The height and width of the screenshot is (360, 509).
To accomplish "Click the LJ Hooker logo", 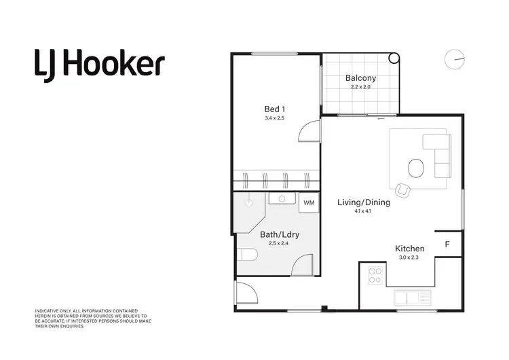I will (99, 65).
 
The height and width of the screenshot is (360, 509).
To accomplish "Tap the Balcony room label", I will (360, 78).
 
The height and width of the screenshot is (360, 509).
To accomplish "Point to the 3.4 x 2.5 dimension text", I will (275, 118).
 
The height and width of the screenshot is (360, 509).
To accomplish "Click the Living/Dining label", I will (364, 202).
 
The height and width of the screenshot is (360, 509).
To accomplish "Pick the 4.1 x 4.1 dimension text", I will (364, 211).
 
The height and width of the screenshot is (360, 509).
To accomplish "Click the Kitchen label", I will (410, 249).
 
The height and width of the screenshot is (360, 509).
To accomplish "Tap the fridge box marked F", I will (447, 244).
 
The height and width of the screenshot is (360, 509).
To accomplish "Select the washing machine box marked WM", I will (309, 202).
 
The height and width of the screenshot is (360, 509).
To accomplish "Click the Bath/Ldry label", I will (280, 234).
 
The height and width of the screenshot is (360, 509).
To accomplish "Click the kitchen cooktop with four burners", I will (375, 275).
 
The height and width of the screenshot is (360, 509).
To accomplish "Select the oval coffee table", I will (415, 167).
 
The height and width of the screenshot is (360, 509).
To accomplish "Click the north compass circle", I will (454, 59).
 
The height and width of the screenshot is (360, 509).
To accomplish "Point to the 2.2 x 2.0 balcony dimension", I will (360, 87).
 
